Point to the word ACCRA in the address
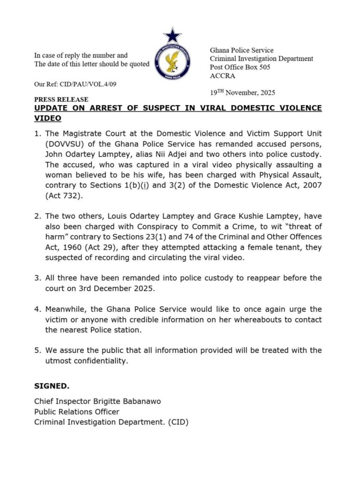click(223, 76)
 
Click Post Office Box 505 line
click(240, 67)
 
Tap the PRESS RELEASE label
click(61, 100)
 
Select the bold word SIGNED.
click(52, 386)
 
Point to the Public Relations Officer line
click(77, 411)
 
